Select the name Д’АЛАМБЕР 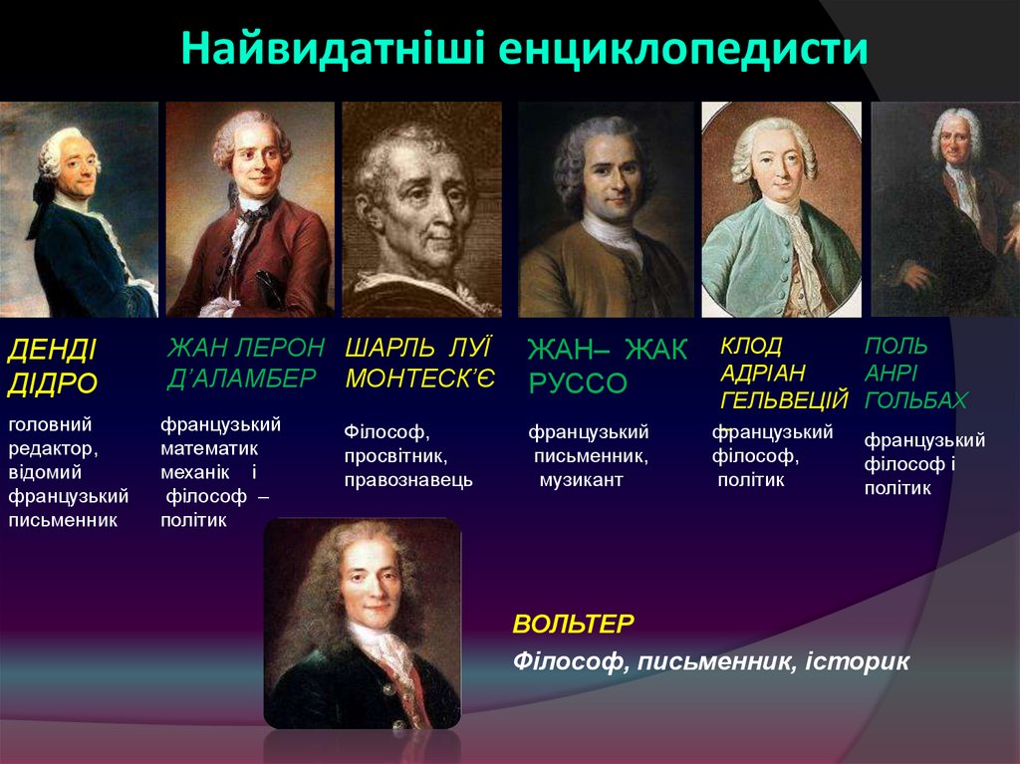241,378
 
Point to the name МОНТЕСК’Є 419,378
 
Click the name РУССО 578,383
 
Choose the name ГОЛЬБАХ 915,400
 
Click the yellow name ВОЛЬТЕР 573,625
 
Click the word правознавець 408,480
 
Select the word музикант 581,480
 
